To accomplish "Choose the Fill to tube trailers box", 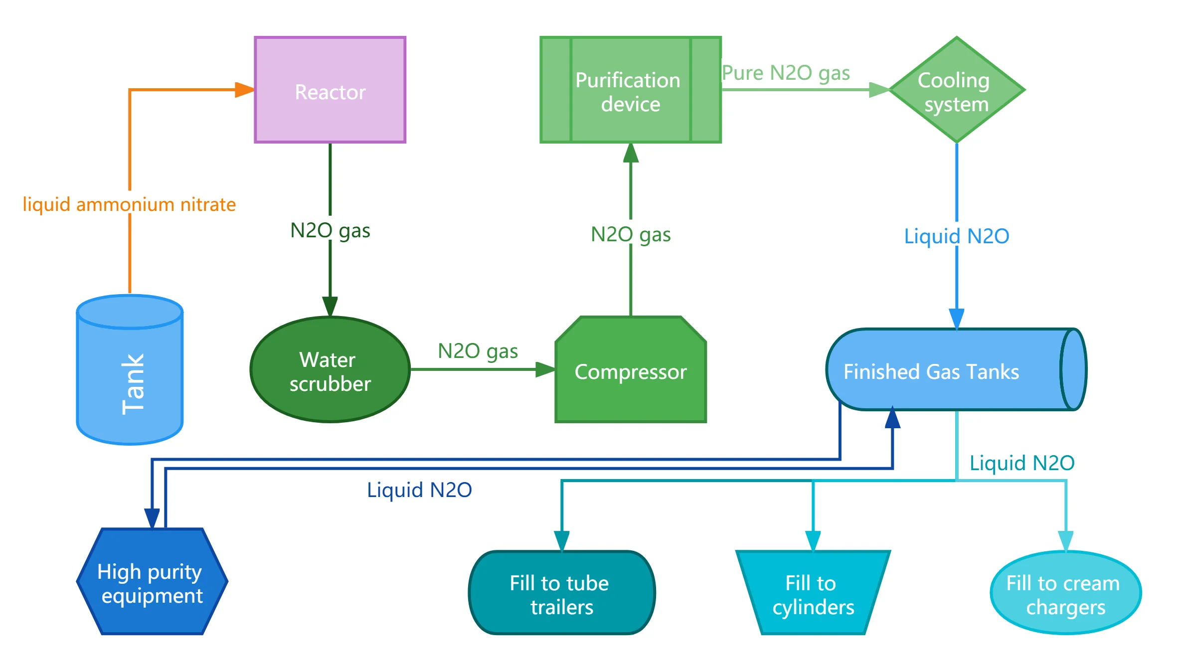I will [x=562, y=593].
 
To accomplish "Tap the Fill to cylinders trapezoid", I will [x=813, y=593].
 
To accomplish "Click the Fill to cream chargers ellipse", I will [x=1065, y=593].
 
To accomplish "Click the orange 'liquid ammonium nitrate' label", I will [x=129, y=205].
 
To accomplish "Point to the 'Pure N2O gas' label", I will [x=786, y=73].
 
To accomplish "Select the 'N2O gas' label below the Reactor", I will [x=330, y=231].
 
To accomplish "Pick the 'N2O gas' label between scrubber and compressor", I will [x=478, y=351].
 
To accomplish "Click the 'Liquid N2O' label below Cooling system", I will [x=956, y=236].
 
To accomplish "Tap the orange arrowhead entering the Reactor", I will [x=244, y=90].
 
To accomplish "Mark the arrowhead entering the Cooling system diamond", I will [x=878, y=90].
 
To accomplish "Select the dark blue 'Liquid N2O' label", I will [x=419, y=490].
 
